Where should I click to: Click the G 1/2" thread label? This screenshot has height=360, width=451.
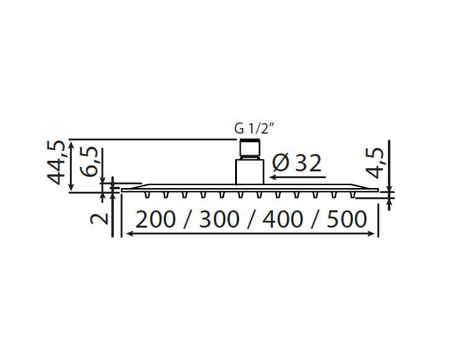(x=252, y=129)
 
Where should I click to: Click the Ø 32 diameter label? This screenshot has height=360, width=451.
(x=296, y=163)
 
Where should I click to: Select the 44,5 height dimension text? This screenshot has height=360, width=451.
(x=56, y=162)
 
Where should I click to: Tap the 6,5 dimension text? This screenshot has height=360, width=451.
(x=89, y=161)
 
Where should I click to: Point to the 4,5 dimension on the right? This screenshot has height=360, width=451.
(x=374, y=163)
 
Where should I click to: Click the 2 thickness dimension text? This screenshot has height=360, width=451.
(x=98, y=219)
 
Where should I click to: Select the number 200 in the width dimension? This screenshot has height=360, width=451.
(x=155, y=220)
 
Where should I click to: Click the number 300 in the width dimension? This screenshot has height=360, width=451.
(x=219, y=220)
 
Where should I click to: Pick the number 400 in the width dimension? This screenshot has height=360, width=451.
(x=283, y=220)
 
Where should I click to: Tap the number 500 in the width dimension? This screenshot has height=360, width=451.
(x=347, y=220)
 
